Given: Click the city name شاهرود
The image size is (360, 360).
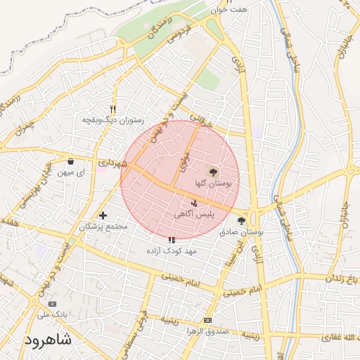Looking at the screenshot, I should pyautogui.click(x=49, y=340).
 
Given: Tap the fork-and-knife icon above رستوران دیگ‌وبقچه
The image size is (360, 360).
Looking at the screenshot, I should pyautogui.click(x=112, y=109).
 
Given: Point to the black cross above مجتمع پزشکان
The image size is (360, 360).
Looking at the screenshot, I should pyautogui.click(x=103, y=215).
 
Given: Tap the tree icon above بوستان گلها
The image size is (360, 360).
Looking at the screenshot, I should pyautogui.click(x=213, y=171).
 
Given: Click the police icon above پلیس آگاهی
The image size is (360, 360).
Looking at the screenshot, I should pyautogui.click(x=194, y=203).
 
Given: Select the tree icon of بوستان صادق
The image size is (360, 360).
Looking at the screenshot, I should pyautogui.click(x=242, y=220).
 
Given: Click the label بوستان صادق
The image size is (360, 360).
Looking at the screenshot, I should pyautogui.click(x=240, y=231).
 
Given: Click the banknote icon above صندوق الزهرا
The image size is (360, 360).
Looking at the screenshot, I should pyautogui.click(x=207, y=320).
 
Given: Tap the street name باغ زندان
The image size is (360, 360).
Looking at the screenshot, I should pyautogui.click(x=343, y=277).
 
